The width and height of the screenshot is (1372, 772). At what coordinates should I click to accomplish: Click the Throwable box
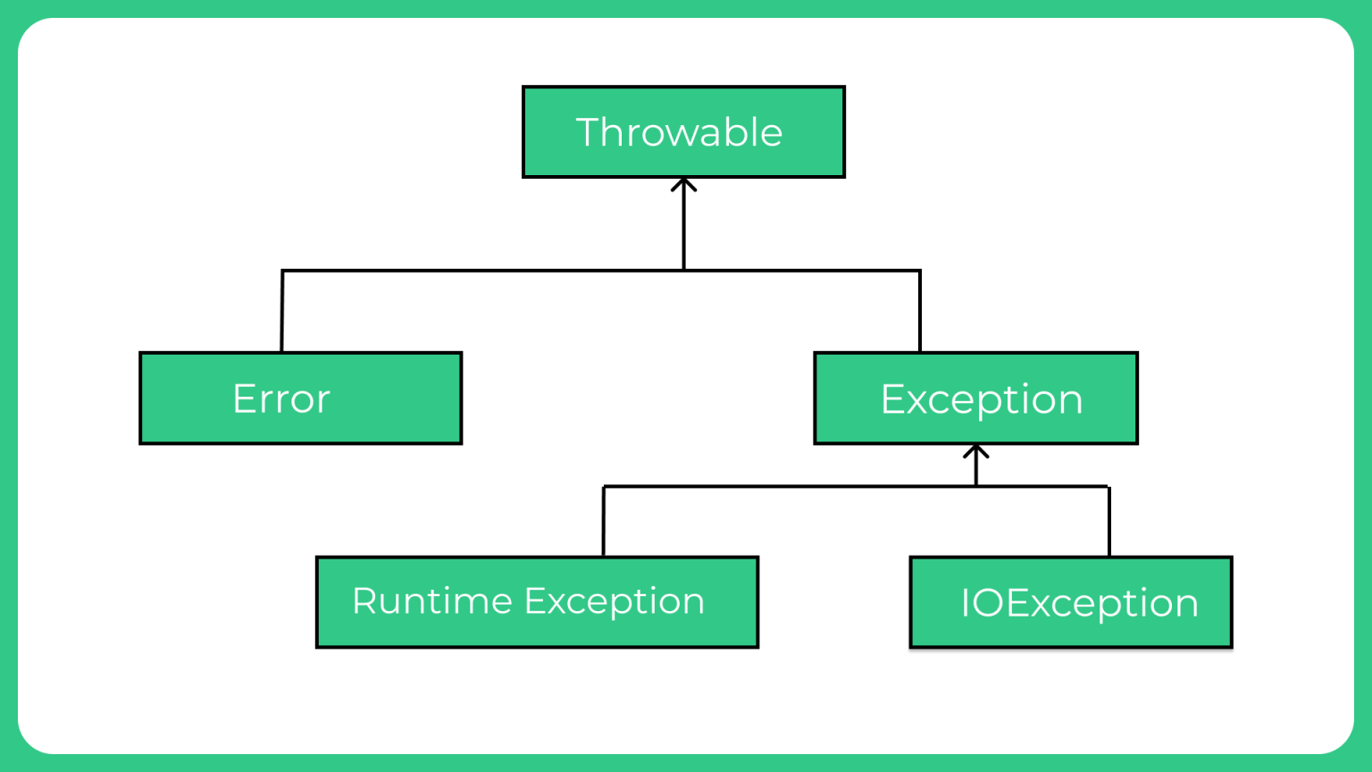683,132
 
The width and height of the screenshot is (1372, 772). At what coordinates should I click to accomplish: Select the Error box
301,399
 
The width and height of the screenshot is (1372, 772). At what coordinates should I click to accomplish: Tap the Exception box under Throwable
975,399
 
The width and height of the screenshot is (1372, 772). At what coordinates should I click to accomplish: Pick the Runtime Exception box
537,602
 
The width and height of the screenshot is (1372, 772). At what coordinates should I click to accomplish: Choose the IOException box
1071,602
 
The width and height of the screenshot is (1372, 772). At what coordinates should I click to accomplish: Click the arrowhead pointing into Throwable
683,184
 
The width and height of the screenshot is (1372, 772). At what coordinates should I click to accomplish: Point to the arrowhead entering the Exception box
975,451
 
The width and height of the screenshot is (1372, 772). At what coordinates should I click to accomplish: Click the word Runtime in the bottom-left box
432,600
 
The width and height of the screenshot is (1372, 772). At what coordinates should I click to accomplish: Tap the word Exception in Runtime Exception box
615,601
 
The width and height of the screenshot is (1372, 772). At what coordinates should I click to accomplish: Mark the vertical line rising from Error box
281,311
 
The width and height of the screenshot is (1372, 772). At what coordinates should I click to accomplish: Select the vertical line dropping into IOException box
1109,522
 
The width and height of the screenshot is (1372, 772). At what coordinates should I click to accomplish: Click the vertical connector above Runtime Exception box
603,522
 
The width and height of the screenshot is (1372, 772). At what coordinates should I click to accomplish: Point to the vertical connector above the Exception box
920,311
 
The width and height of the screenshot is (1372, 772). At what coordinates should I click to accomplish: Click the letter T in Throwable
590,131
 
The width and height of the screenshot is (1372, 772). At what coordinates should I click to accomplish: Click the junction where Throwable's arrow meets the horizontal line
683,270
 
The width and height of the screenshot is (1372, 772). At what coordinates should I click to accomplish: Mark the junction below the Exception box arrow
975,486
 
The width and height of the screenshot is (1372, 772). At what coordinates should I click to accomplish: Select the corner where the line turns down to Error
282,270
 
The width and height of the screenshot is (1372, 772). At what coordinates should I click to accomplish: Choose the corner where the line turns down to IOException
1109,486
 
